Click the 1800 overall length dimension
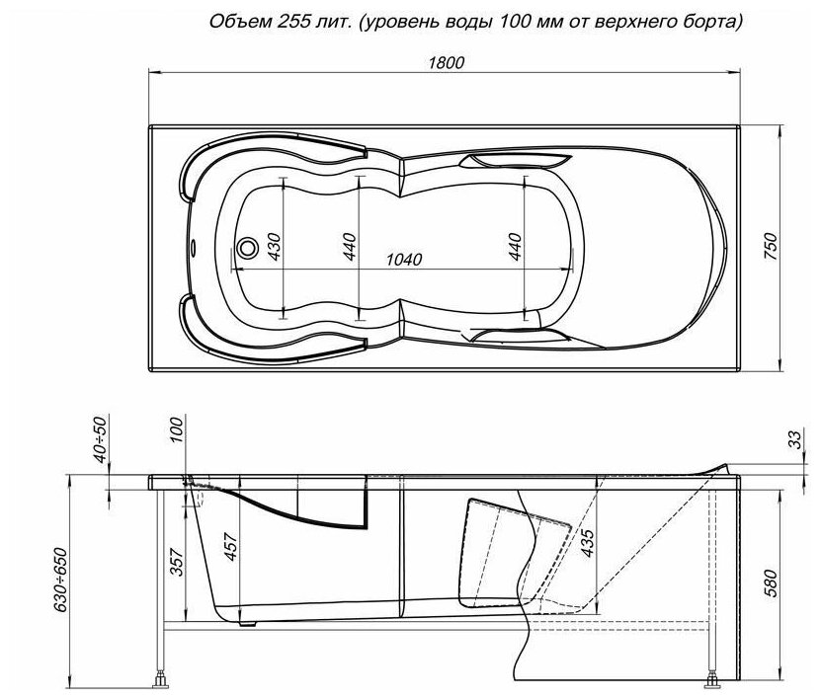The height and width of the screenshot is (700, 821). point(447,63)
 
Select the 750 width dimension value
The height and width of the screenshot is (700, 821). point(771,247)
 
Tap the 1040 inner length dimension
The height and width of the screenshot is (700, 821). point(404,260)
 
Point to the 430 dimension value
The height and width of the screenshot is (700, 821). point(274,247)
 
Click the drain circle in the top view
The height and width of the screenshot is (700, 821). point(247,248)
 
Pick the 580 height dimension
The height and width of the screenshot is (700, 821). point(771,583)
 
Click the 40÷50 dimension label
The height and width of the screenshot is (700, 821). point(100,439)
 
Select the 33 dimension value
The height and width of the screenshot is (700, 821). point(795,439)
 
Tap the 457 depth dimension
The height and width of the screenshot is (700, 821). point(230,547)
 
